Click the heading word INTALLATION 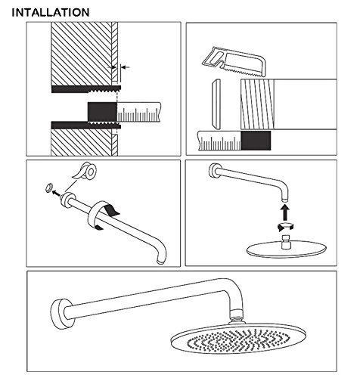click(51, 13)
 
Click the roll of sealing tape click(85, 172)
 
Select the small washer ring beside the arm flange click(49, 187)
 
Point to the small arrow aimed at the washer click(57, 194)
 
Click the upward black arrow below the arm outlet click(285, 212)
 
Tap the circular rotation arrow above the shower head click(285, 226)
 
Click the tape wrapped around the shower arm click(101, 214)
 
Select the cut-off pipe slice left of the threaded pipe click(216, 104)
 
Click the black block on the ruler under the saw click(256, 141)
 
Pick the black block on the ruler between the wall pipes click(102, 112)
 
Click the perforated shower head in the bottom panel click(238, 339)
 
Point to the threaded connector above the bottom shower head click(237, 316)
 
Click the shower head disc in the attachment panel click(286, 249)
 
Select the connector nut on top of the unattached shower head click(286, 242)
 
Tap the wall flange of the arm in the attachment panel click(214, 171)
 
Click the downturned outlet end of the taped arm click(161, 257)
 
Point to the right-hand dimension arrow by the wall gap click(126, 67)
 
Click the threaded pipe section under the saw click(257, 104)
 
